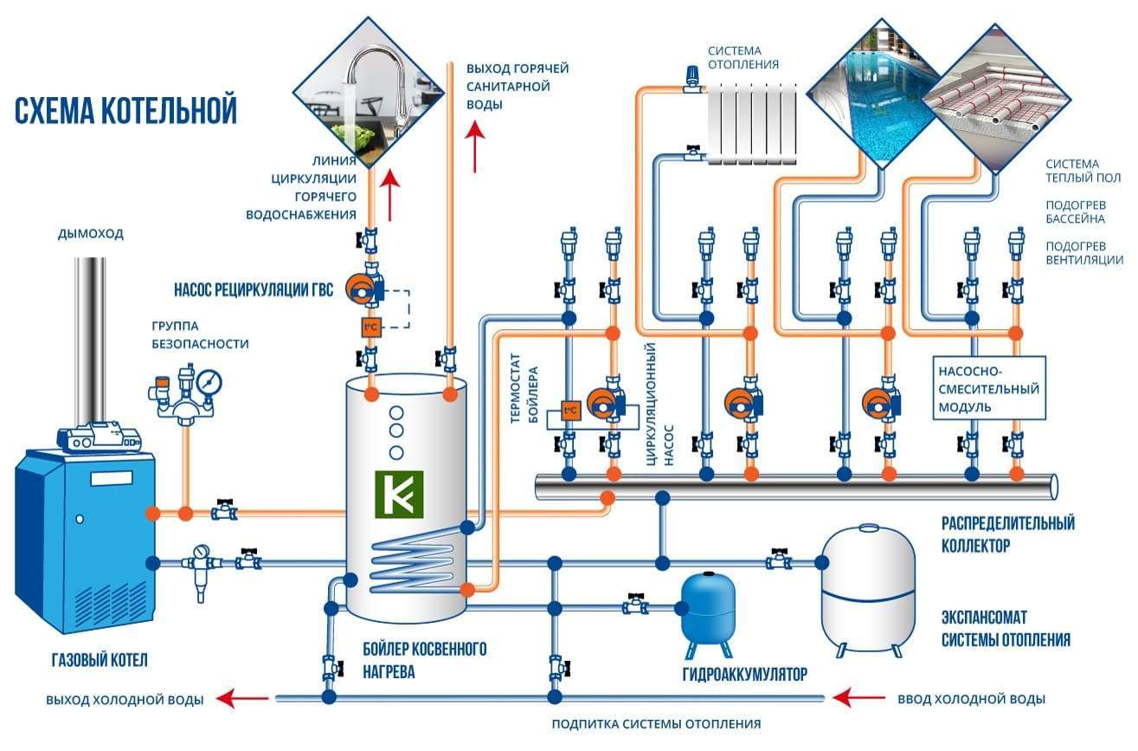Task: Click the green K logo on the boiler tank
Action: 399,494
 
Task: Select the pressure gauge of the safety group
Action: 209,381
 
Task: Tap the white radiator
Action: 750,123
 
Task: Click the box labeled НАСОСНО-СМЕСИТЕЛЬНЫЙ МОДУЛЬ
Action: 989,387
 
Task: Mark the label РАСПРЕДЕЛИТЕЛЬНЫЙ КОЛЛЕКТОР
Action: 1008,534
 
